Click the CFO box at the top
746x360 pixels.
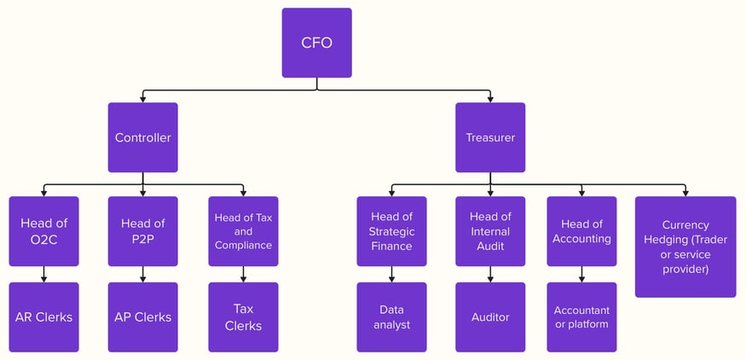pos(316,43)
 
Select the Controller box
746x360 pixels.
pos(142,137)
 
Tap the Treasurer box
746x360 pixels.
pos(490,137)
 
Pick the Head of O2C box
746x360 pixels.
pos(43,231)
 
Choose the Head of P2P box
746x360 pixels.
pos(142,231)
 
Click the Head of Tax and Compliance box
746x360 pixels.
pos(243,231)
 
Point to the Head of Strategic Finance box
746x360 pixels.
pos(391,231)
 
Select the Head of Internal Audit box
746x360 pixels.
pos(490,231)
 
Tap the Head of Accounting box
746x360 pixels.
pos(581,231)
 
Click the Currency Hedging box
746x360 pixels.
pos(685,247)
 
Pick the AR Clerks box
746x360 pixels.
pos(43,317)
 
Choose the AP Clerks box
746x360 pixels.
pos(142,317)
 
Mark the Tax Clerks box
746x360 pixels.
pos(243,317)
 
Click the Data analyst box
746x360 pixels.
pos(391,317)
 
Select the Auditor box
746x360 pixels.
pos(490,317)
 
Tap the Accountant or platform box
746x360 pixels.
pos(581,317)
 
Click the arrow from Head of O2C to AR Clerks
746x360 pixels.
pos(43,275)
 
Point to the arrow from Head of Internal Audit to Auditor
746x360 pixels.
pos(490,275)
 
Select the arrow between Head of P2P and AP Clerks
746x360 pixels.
pos(142,275)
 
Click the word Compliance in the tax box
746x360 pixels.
pos(243,246)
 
